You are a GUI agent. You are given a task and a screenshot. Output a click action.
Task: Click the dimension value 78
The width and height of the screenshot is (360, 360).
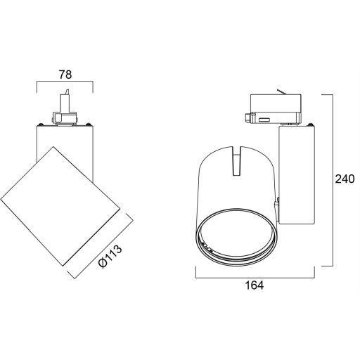click(x=65, y=75)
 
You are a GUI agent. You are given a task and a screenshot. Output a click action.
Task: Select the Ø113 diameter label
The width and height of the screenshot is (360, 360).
click(x=110, y=256)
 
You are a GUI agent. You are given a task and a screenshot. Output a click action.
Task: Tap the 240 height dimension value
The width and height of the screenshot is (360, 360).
click(x=345, y=179)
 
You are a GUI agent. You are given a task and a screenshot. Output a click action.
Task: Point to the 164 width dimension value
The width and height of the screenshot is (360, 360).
click(x=255, y=285)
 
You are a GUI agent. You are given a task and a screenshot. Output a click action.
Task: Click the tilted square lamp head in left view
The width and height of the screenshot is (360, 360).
click(x=60, y=206)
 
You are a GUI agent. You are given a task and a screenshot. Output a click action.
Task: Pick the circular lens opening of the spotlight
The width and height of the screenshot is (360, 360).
click(x=238, y=237)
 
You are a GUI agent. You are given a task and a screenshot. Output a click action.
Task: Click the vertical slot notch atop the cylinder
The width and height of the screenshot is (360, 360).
click(x=237, y=161)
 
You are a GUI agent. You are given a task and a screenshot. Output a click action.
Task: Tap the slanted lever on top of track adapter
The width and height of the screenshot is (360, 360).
click(x=282, y=92)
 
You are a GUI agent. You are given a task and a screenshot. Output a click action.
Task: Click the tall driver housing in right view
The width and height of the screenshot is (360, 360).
click(x=297, y=175)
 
